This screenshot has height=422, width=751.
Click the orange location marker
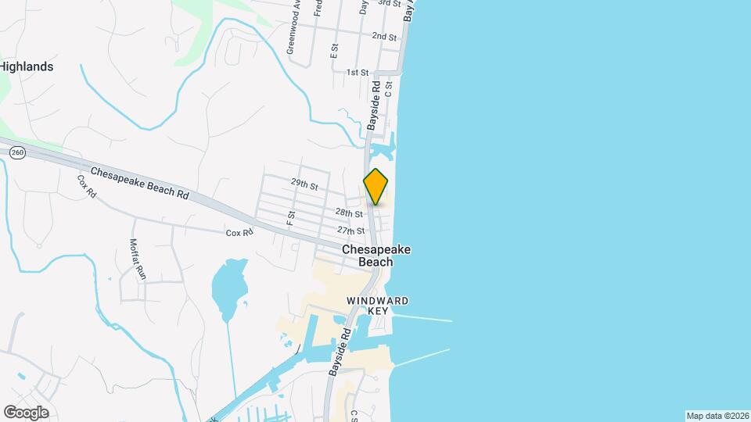point(375,186)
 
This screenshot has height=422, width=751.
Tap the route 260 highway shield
point(16,154)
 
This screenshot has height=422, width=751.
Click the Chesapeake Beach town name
point(375,256)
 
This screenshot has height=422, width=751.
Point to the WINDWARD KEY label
point(378,306)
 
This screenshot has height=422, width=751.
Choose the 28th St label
point(349,213)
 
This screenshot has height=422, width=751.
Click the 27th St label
point(351,231)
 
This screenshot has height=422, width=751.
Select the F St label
point(291,218)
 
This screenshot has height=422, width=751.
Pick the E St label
point(334,51)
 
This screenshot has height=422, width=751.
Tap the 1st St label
point(358,72)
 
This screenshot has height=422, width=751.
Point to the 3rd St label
point(389,3)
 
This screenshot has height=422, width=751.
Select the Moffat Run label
point(138,259)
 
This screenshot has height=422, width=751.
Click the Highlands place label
point(27,67)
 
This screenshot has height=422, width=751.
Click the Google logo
point(26,413)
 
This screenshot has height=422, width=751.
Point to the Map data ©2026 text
point(716,416)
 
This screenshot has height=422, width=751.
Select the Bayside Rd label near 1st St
point(375,105)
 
